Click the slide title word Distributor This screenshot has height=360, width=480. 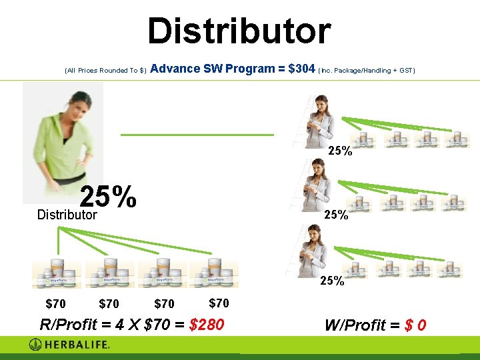[x=239, y=31]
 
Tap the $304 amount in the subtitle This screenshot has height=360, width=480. [x=301, y=69]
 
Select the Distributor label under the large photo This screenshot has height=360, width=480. [x=67, y=215]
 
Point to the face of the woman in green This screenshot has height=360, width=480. [x=58, y=103]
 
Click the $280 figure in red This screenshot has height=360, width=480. [x=207, y=325]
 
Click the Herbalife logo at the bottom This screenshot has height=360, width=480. [x=69, y=345]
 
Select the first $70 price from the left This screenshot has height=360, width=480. [x=55, y=304]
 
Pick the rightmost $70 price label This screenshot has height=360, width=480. [x=219, y=303]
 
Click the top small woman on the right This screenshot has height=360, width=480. [x=319, y=121]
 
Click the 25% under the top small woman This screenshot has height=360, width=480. [x=340, y=151]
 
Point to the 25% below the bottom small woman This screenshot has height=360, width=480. [x=332, y=281]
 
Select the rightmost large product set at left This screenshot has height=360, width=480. [x=213, y=274]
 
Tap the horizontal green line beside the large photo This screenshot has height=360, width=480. [x=197, y=135]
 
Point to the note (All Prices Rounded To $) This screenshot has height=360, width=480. [x=105, y=70]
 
